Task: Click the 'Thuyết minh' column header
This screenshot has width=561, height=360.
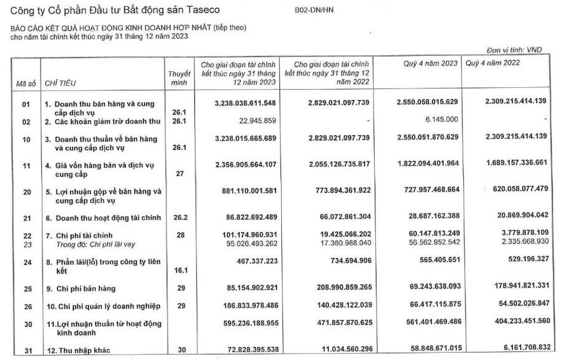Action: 180,78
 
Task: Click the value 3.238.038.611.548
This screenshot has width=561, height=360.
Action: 240,101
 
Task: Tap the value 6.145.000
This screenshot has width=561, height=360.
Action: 440,119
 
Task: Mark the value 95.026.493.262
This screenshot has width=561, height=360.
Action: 242,244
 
